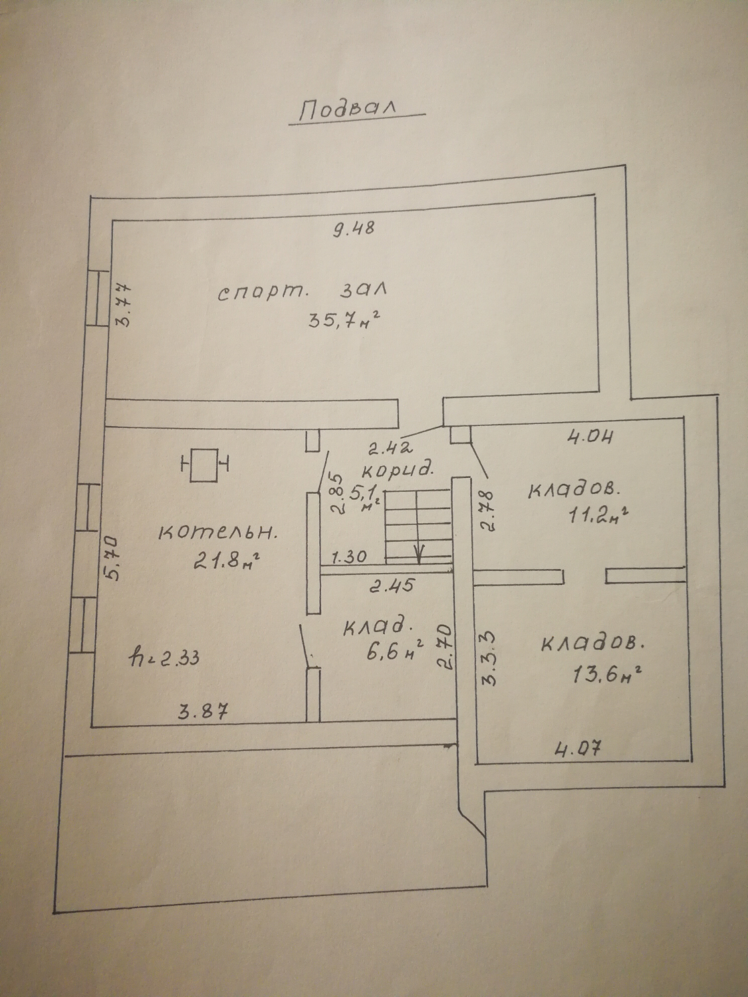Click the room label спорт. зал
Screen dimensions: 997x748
303,292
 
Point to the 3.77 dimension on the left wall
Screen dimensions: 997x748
124,305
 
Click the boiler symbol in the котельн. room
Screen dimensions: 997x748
204,465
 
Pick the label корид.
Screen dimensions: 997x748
397,469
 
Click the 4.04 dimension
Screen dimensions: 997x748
588,437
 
